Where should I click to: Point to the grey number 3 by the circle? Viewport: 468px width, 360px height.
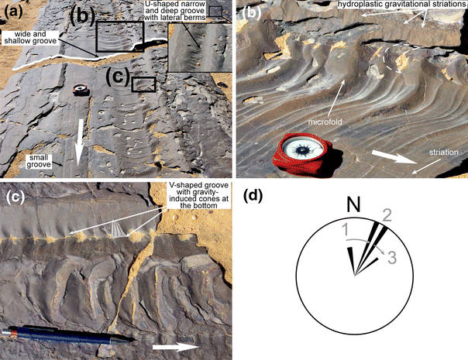pyautogui.click(x=394, y=256)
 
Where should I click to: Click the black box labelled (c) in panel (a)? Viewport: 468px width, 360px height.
pyautogui.click(x=143, y=84)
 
